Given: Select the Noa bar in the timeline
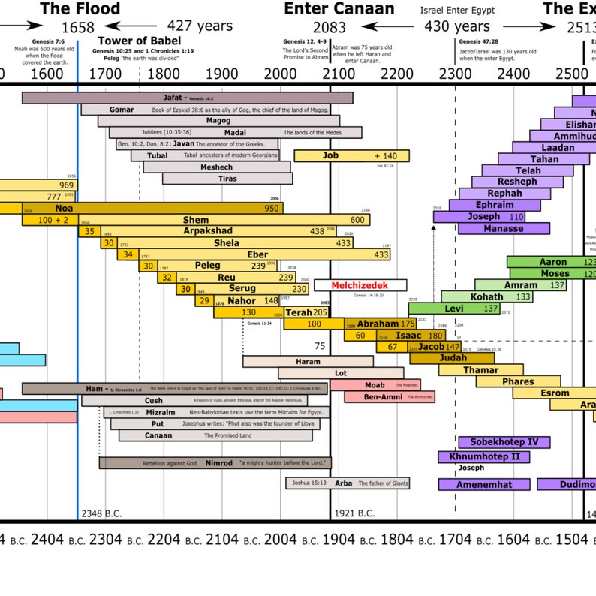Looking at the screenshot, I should coord(150,208).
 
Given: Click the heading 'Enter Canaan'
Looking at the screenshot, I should coord(339,9).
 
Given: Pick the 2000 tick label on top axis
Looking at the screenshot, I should coord(280,74).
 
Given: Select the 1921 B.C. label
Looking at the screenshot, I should coord(354,514).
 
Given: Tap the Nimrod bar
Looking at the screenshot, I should coord(215,463).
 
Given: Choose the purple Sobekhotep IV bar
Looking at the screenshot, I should coord(504,442).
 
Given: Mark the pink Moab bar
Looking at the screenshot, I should coord(375,384).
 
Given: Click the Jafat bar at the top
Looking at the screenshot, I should coord(180,98).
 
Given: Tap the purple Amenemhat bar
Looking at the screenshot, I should coord(484,485).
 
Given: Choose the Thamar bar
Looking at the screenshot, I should coord(480,370).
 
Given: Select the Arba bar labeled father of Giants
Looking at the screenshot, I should coord(348,483).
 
